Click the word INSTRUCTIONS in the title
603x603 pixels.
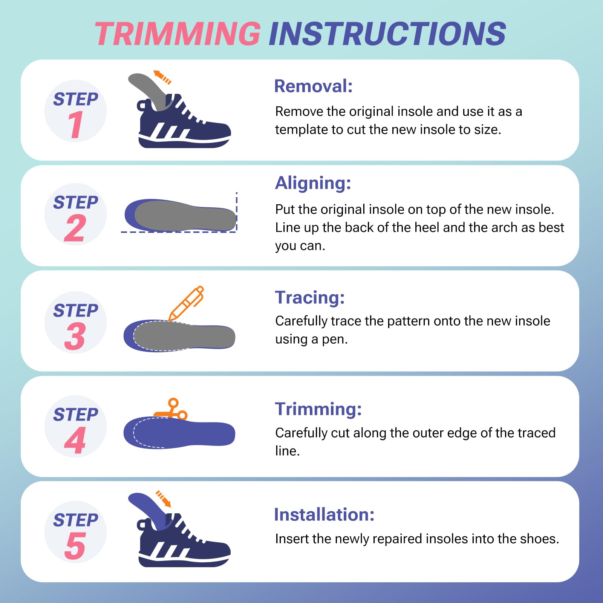[387, 34]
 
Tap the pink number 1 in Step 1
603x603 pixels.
[75, 125]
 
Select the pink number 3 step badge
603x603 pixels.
[75, 336]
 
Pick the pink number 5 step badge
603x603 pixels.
[75, 546]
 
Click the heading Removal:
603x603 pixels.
[313, 86]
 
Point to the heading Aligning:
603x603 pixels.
[313, 183]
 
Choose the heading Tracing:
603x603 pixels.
[310, 297]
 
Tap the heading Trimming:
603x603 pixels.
[318, 409]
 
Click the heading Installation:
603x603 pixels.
[324, 514]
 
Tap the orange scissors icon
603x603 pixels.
[173, 410]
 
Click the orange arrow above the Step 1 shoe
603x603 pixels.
[162, 77]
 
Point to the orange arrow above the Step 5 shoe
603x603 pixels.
[164, 499]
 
